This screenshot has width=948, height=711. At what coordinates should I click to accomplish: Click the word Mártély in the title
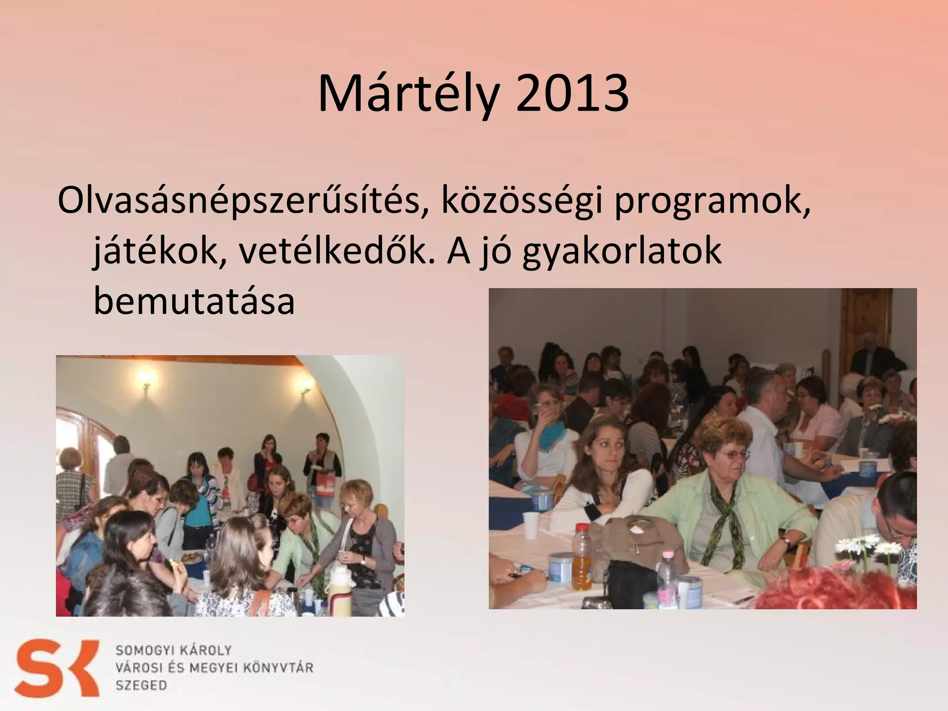tap(408, 95)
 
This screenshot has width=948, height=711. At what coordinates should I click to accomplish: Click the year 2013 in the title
tap(572, 95)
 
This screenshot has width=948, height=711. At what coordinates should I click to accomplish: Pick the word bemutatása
tap(194, 301)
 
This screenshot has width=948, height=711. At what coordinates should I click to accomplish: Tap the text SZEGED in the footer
tap(141, 685)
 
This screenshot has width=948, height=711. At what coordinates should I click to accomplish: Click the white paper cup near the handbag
tap(532, 525)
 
